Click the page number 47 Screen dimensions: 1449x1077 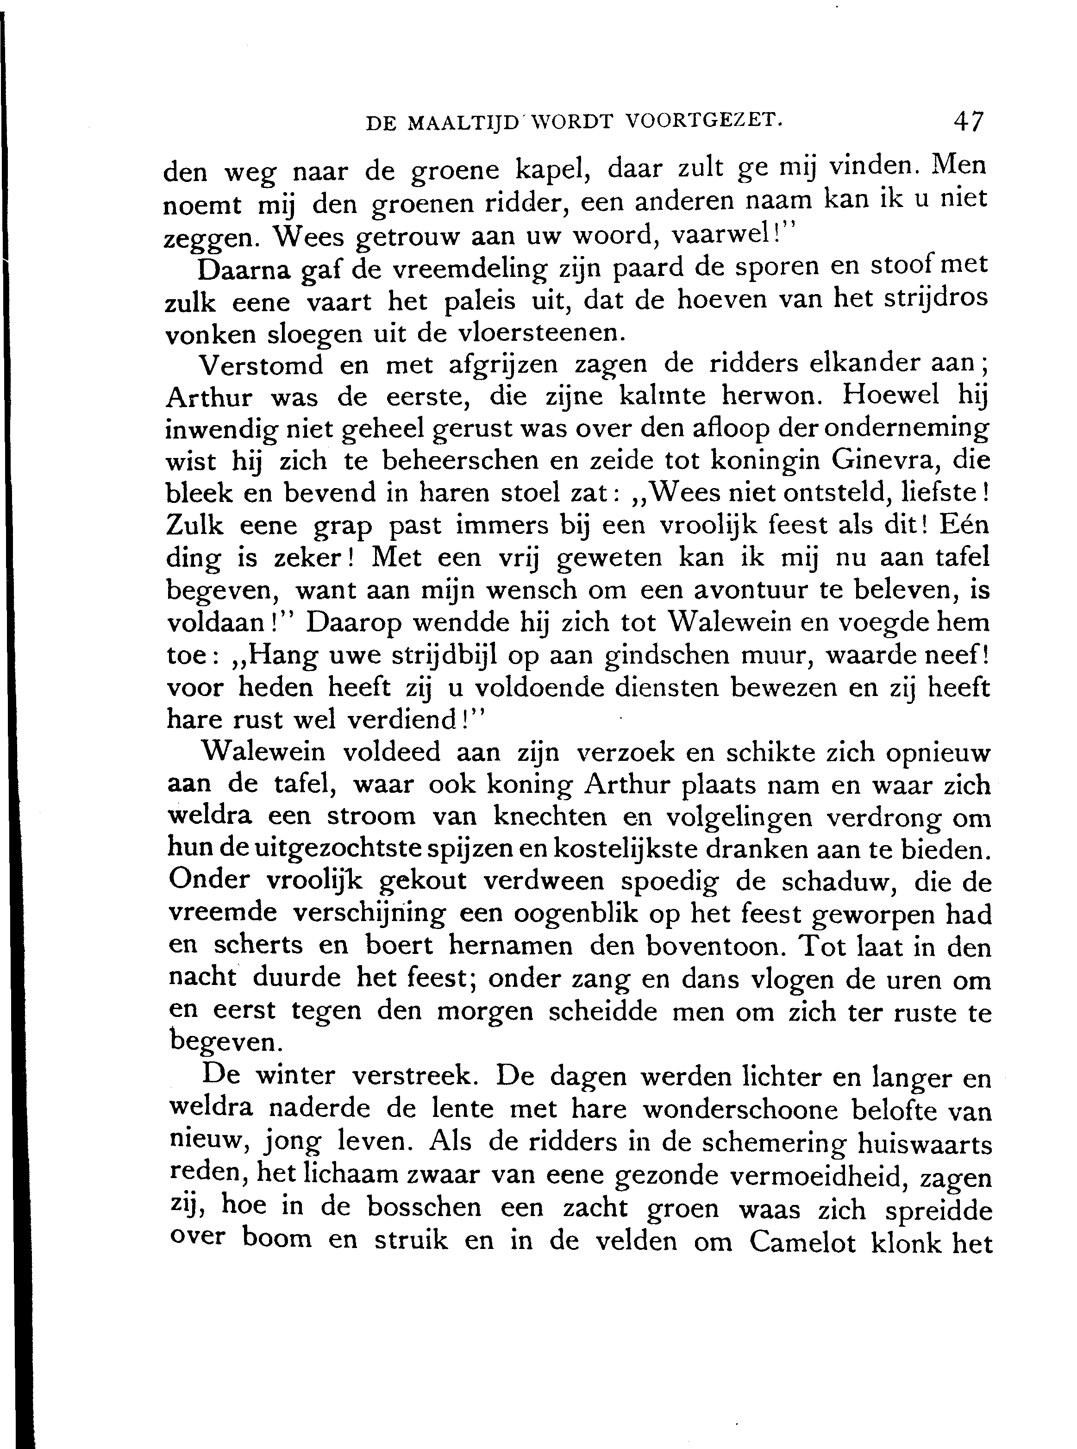pos(967,121)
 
